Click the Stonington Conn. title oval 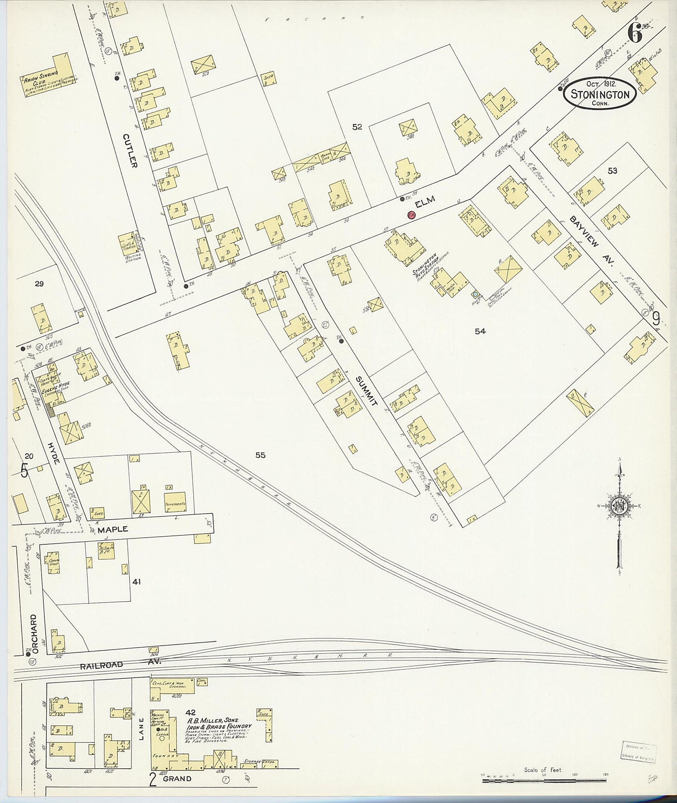600,93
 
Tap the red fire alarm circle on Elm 411,215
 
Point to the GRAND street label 177,779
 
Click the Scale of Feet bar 545,779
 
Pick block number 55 260,455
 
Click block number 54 480,331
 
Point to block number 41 136,582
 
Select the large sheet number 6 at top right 634,34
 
